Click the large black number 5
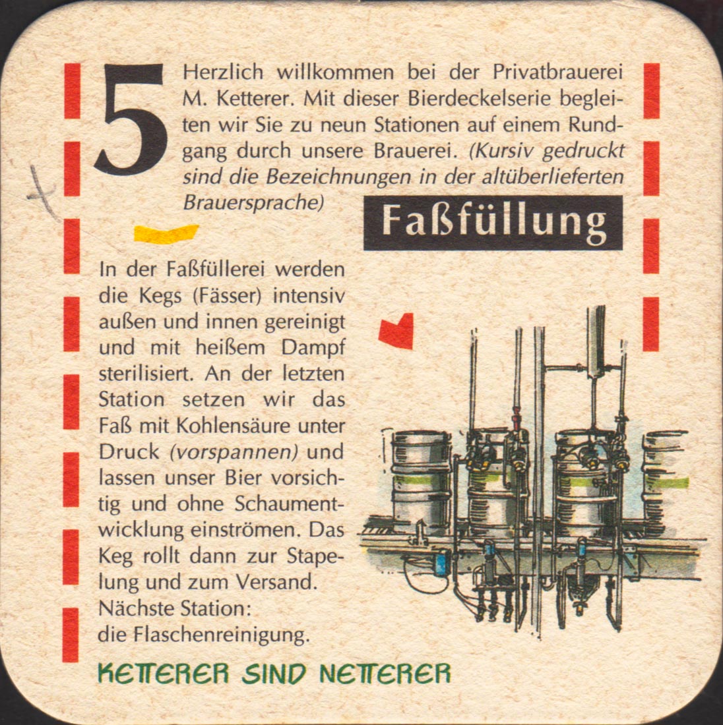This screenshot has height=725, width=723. [131, 119]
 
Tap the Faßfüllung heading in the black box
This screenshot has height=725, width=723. [493, 223]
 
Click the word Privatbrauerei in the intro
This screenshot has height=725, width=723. [557, 72]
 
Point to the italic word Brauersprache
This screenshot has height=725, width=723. [253, 203]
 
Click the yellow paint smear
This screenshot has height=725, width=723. [166, 233]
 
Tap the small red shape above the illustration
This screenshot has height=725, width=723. [396, 331]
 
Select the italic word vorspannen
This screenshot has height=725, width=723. [234, 452]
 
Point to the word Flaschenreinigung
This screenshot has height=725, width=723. [221, 635]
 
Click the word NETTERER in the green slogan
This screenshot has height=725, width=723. [385, 674]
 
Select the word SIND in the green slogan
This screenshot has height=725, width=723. [274, 674]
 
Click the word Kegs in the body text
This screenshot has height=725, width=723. [160, 297]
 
